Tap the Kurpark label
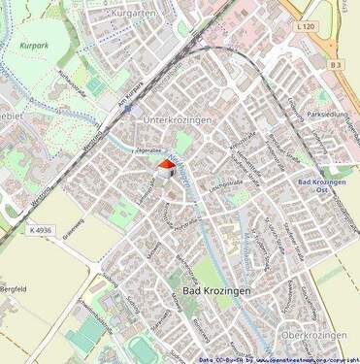[32, 46]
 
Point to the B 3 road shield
[336, 64]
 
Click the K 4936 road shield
[40, 229]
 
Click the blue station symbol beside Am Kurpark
[127, 110]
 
